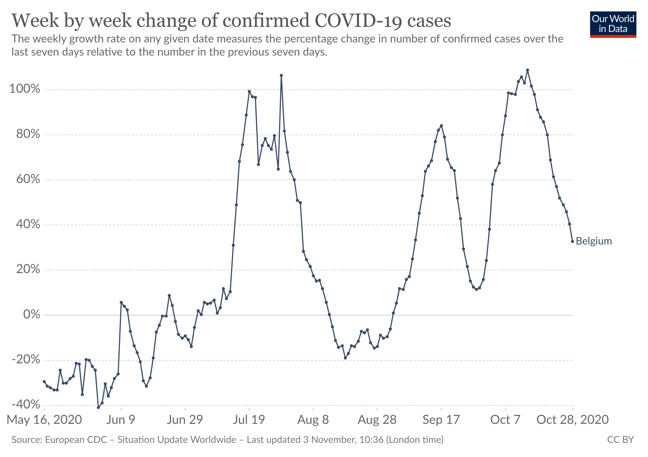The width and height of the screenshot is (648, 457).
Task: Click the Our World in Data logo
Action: pos(613,24)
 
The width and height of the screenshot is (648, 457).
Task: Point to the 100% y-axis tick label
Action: pos(25,89)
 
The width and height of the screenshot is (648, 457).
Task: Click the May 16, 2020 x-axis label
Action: pos(44,420)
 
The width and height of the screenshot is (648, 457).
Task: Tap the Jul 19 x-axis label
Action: pos(249,420)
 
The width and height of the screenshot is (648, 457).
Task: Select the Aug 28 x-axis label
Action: pos(377,420)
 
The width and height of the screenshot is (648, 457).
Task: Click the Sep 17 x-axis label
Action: pos(441,420)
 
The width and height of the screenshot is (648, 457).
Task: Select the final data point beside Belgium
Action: pos(572,241)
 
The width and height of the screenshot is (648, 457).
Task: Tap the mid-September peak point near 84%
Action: pos(441,126)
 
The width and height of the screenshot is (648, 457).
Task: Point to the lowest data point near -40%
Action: pos(98,407)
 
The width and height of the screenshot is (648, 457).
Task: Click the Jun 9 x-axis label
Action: pos(121,420)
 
